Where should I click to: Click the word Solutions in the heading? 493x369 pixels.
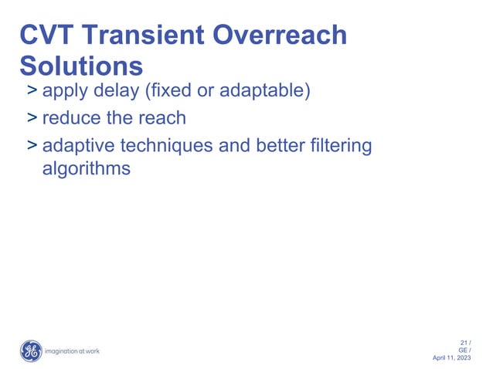point(81,64)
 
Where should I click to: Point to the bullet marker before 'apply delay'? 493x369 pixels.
point(32,93)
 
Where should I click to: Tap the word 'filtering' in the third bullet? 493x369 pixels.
point(340,146)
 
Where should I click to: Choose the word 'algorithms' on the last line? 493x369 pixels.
point(86,168)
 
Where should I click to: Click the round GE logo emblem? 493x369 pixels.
point(31,351)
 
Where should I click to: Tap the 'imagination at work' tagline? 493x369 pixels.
point(72,351)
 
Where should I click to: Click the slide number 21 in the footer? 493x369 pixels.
point(464,343)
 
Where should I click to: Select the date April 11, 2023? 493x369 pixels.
point(454,359)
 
